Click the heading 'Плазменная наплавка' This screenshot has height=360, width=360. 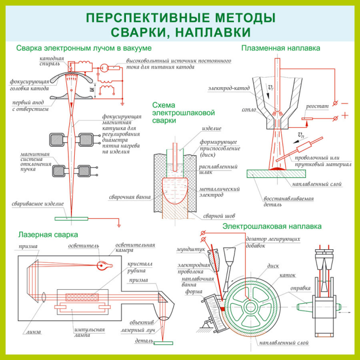tap(280, 48)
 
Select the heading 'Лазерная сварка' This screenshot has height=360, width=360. tap(47, 234)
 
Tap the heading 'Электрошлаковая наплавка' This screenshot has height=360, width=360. tap(272, 226)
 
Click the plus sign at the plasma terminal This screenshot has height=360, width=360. tap(344, 115)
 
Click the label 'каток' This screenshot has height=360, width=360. tap(303, 276)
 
